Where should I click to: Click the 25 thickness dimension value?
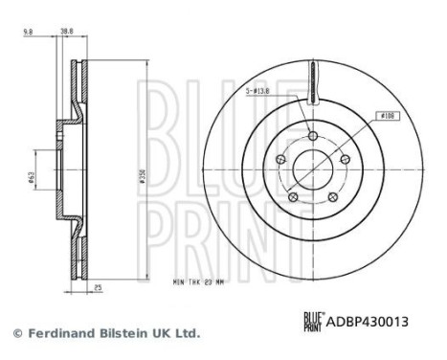click(97, 287)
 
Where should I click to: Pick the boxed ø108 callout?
click(389, 116)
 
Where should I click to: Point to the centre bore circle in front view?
click(314, 173)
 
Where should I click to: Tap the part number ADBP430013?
click(371, 323)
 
